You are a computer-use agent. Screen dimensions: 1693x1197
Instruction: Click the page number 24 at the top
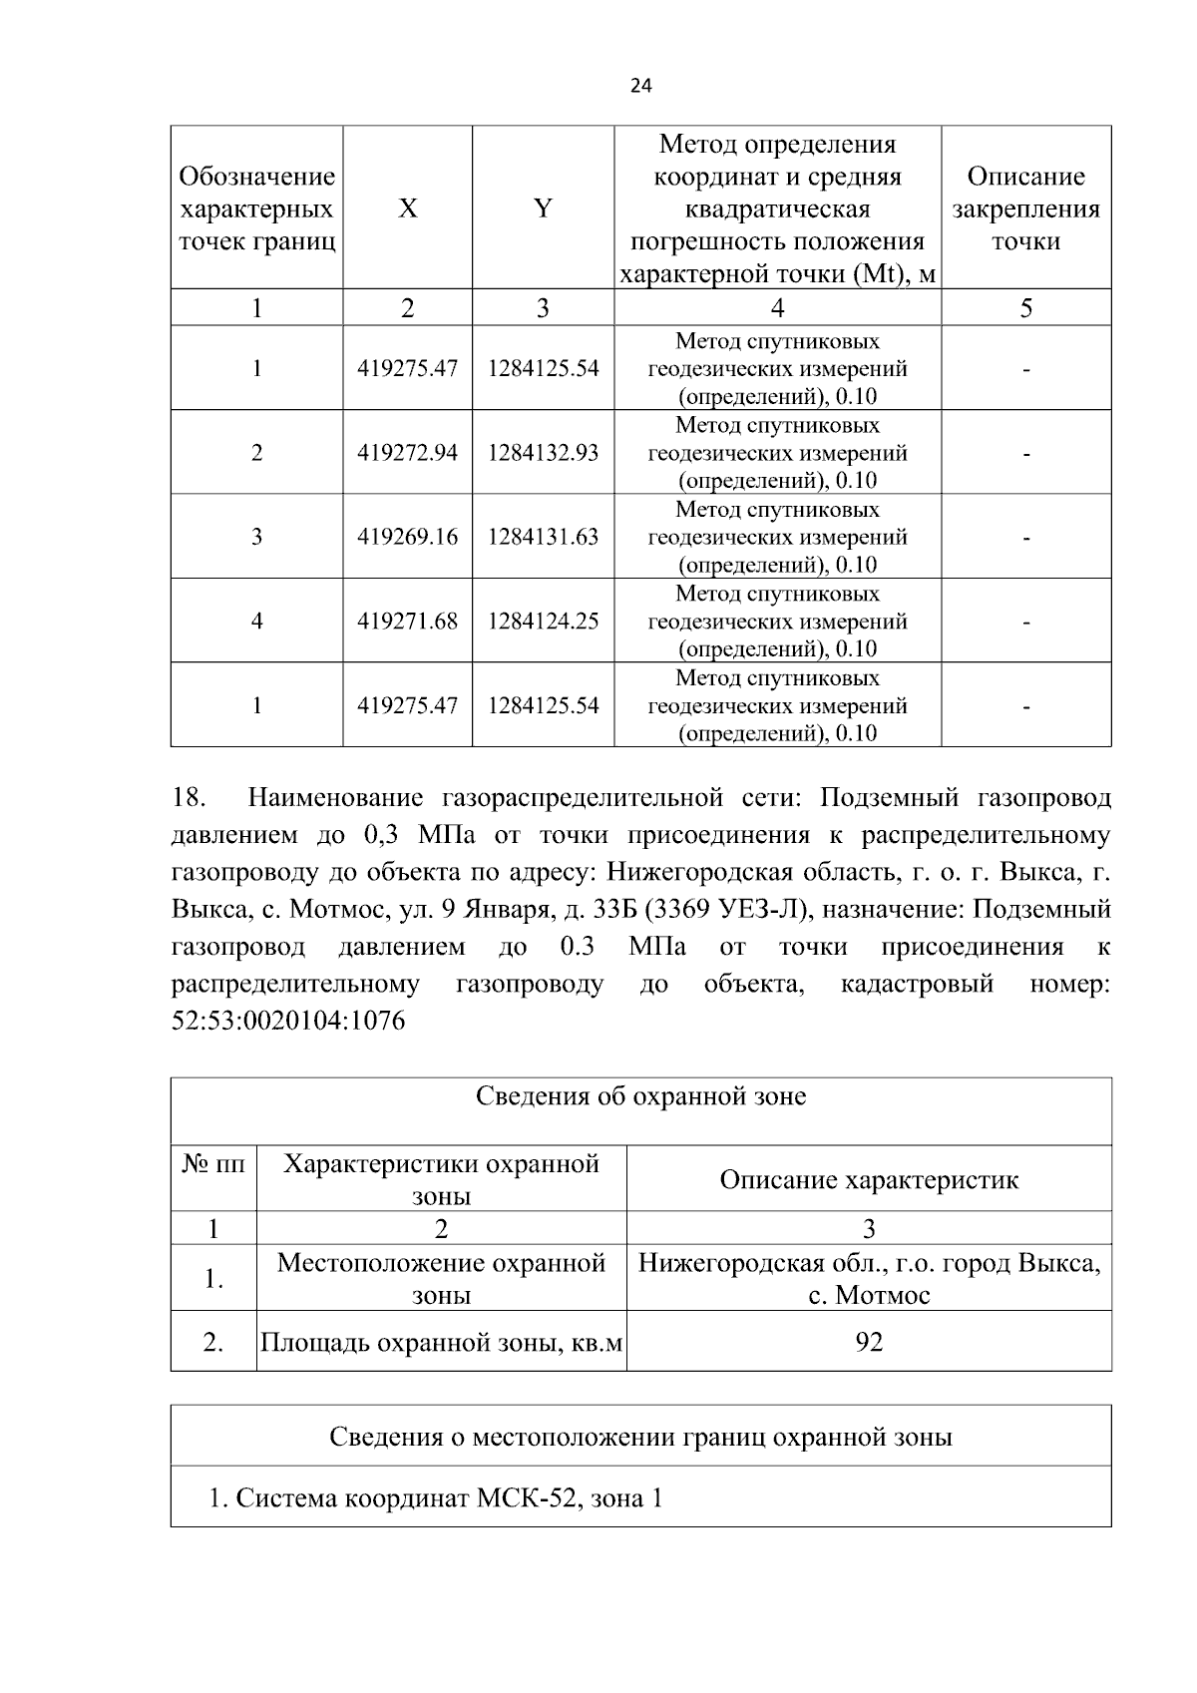[x=640, y=87]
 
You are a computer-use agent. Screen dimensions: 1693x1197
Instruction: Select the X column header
[x=407, y=209]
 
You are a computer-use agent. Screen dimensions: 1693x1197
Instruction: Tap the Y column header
[x=543, y=209]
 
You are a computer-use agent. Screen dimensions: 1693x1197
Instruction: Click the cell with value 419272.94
[x=407, y=453]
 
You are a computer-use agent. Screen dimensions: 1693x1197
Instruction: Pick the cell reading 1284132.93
[x=543, y=453]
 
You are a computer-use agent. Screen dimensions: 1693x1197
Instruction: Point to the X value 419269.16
[x=407, y=537]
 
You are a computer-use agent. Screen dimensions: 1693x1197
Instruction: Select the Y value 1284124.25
[x=543, y=622]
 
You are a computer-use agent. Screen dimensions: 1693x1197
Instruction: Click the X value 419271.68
[x=407, y=622]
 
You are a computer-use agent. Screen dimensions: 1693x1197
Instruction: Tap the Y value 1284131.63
[x=543, y=537]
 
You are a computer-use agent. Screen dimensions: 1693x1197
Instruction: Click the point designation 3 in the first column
[x=256, y=537]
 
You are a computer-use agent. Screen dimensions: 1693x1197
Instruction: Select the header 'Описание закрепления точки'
[x=1025, y=209]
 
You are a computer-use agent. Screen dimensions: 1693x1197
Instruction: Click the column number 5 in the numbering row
[x=1025, y=308]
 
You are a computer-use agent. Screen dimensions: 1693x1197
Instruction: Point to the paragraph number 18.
[x=189, y=798]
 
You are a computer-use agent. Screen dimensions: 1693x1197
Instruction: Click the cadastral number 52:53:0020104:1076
[x=288, y=1022]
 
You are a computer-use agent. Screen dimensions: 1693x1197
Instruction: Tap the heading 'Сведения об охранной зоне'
[x=640, y=1097]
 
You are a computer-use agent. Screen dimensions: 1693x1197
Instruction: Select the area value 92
[x=869, y=1342]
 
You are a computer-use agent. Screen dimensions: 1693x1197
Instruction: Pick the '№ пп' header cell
[x=213, y=1164]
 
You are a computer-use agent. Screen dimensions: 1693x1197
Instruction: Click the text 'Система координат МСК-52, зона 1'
[x=436, y=1497]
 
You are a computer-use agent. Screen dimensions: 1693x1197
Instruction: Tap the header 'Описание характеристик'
[x=869, y=1180]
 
